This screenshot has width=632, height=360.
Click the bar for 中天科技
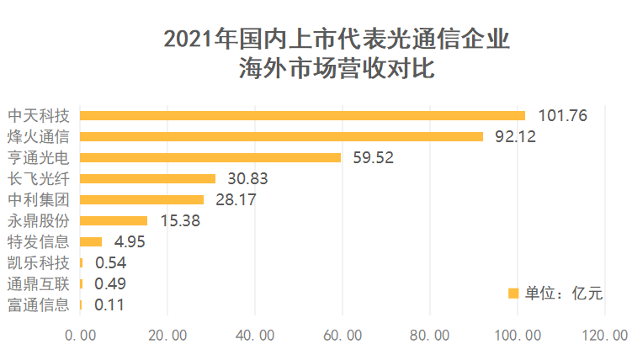tap(303, 115)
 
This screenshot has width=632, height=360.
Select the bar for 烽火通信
tap(282, 136)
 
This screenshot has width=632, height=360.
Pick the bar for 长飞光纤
tap(148, 178)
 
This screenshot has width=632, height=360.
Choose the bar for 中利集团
tap(142, 199)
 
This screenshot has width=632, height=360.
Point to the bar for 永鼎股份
tap(114, 220)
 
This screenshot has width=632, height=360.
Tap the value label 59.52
tap(373, 157)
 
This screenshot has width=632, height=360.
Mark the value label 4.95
tap(130, 242)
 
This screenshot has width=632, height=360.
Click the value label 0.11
tap(109, 305)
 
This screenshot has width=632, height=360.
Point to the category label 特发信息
tap(38, 241)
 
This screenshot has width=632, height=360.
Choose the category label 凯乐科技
tap(38, 262)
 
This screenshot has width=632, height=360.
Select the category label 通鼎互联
tap(38, 283)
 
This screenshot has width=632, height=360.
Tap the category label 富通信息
tap(38, 304)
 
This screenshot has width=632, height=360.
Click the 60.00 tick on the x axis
tap(343, 336)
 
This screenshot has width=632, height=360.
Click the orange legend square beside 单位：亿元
tap(513, 293)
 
